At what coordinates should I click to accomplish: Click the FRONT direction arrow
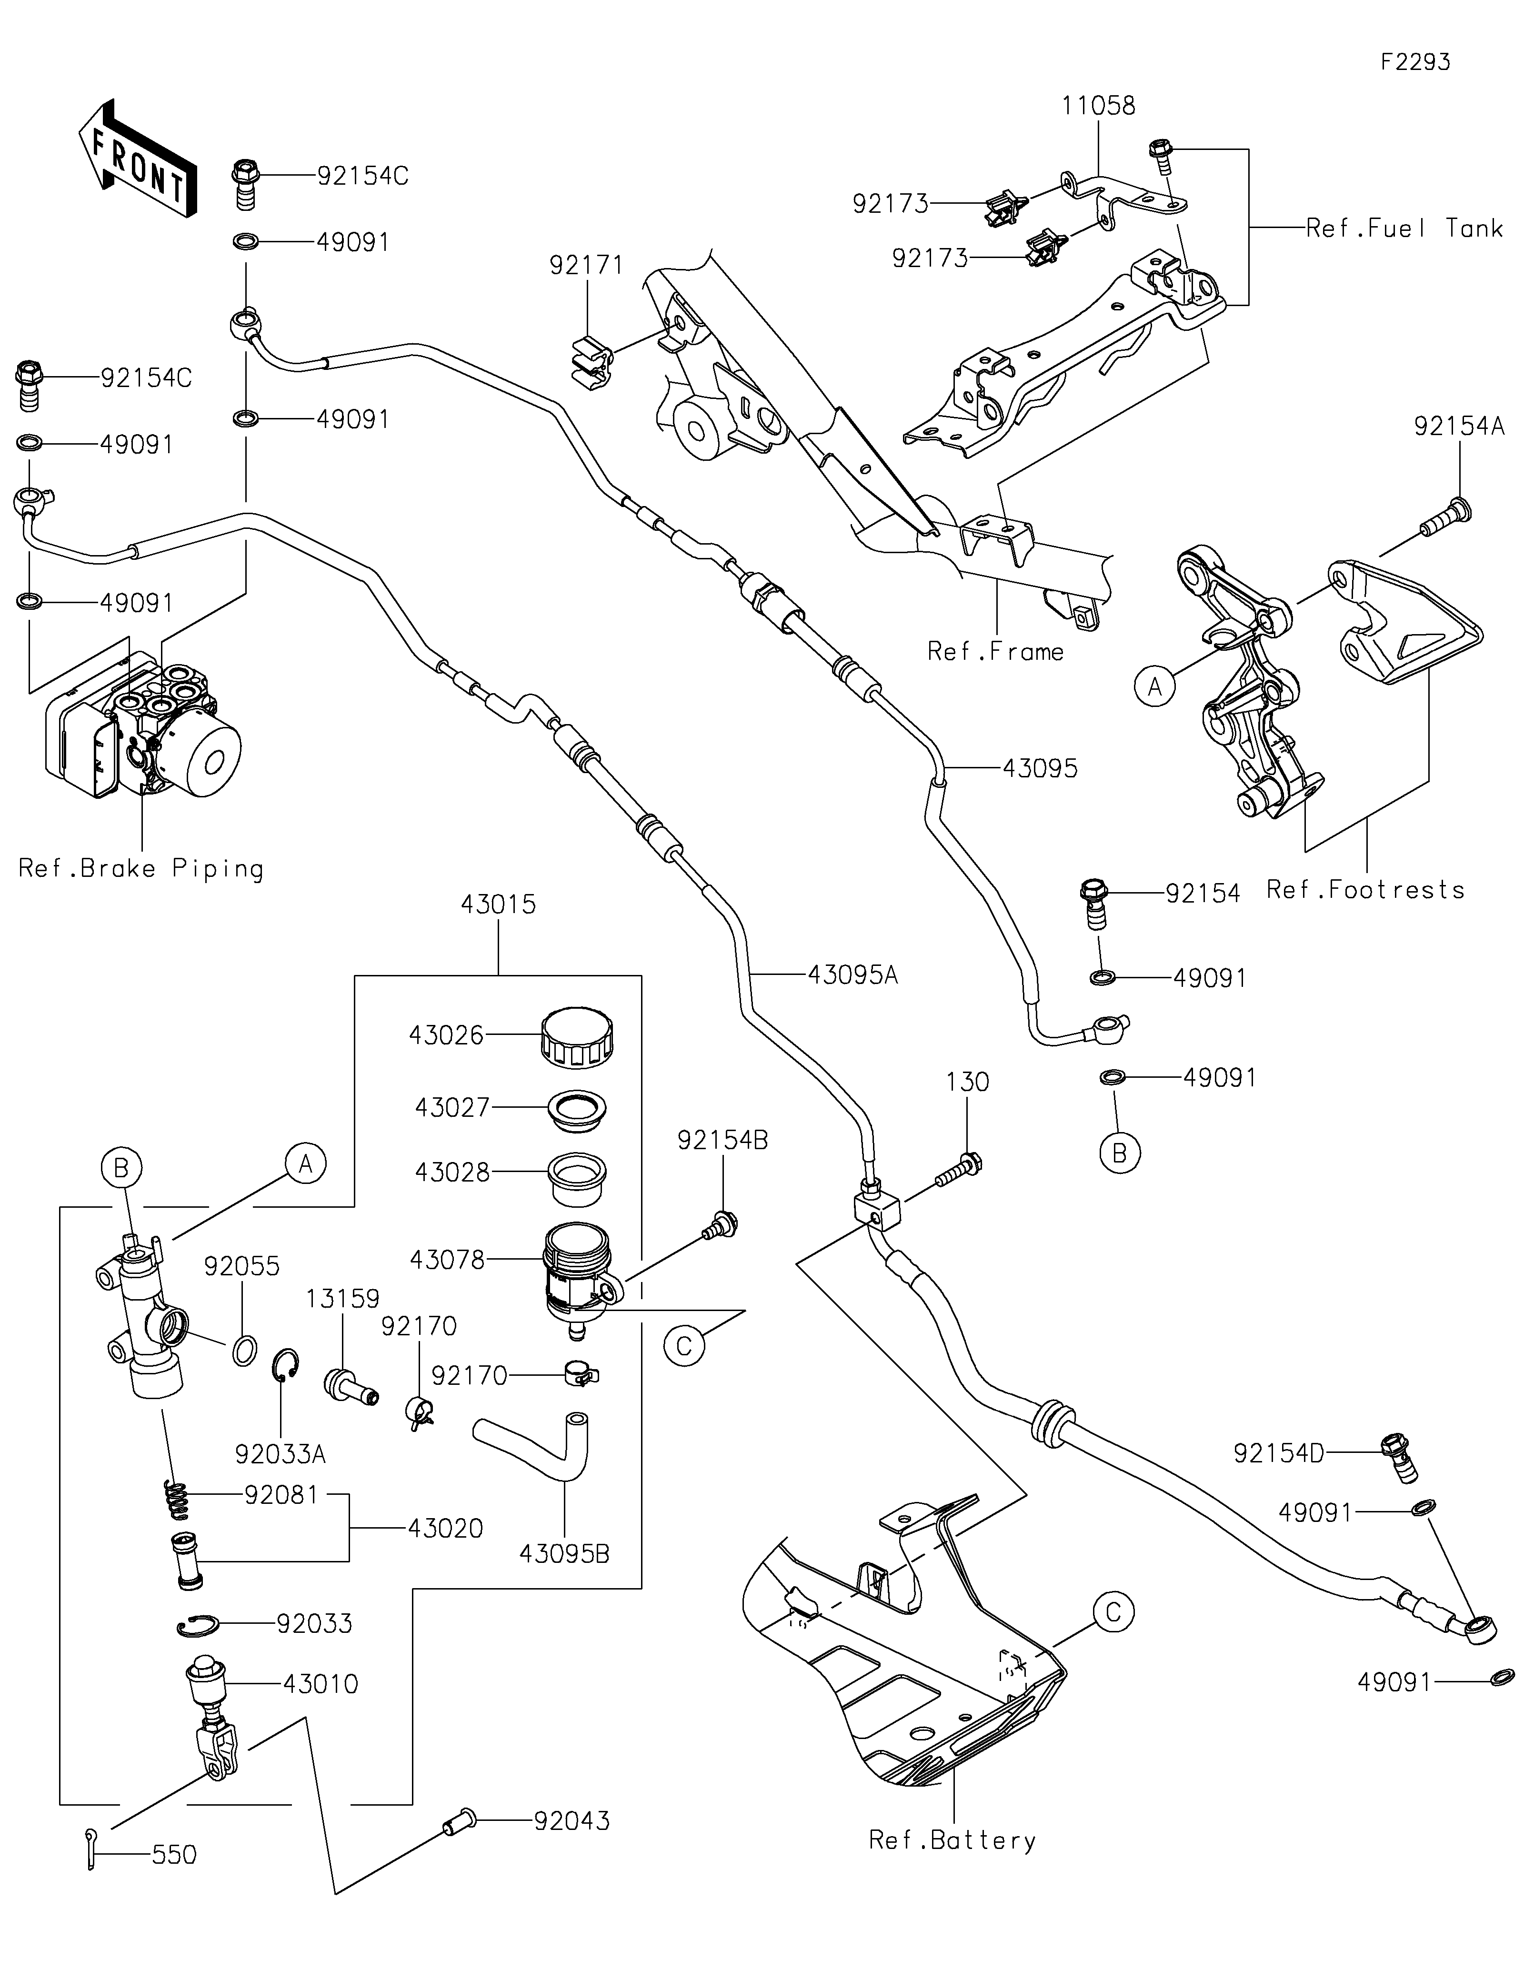pos(137,159)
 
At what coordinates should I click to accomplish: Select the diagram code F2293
pos(1415,62)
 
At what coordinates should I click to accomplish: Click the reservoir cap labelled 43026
pos(578,1038)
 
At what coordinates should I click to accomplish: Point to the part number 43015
pos(498,904)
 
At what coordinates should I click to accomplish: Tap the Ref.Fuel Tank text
pos(1404,229)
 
